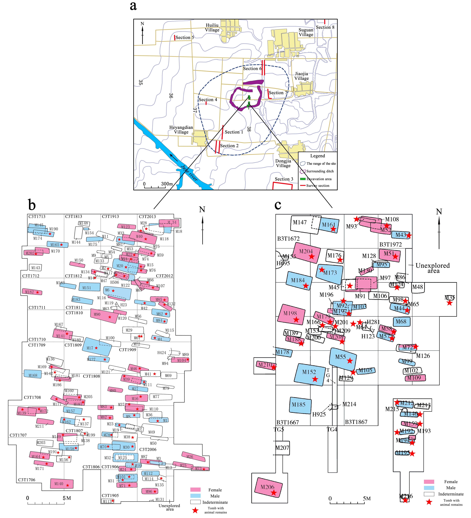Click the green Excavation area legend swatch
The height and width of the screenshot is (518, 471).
tap(303, 179)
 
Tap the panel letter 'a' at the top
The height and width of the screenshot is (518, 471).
tap(133, 6)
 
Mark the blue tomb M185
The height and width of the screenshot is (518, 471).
tap(300, 405)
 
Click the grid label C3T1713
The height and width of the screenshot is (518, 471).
tap(37, 217)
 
